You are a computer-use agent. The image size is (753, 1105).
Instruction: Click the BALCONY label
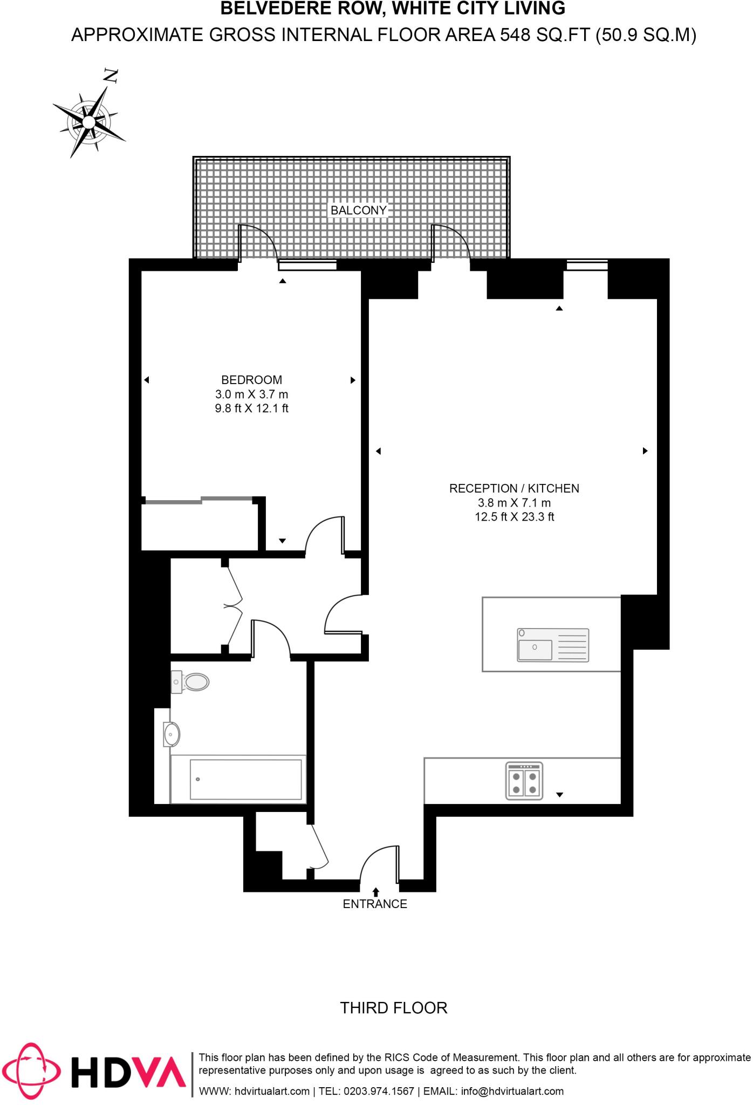pyautogui.click(x=359, y=210)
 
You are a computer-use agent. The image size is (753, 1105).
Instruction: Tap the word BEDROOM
pyautogui.click(x=251, y=380)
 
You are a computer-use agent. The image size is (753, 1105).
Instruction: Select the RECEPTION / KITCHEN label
pyautogui.click(x=514, y=488)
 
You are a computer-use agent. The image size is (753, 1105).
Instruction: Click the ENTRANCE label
pyautogui.click(x=375, y=904)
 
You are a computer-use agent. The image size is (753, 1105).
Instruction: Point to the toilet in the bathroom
pyautogui.click(x=191, y=682)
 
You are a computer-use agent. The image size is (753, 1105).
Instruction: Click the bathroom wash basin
pyautogui.click(x=172, y=734)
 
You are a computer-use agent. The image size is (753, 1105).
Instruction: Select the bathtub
pyautogui.click(x=238, y=779)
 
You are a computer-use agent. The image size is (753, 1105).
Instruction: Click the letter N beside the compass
pyautogui.click(x=111, y=77)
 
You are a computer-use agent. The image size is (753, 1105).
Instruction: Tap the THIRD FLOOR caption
pyautogui.click(x=394, y=1008)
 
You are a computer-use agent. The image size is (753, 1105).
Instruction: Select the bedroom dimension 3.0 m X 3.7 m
pyautogui.click(x=251, y=394)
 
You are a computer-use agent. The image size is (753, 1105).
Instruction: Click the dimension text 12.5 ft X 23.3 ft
pyautogui.click(x=514, y=517)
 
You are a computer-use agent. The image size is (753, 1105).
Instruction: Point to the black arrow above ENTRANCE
pyautogui.click(x=376, y=892)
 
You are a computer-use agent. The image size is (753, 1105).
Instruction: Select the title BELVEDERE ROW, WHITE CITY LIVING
pyautogui.click(x=393, y=9)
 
